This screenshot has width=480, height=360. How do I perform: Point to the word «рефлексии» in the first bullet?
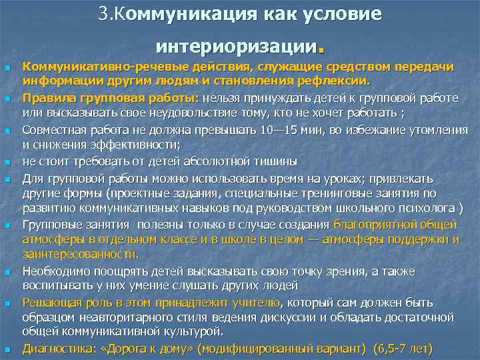coord(331,82)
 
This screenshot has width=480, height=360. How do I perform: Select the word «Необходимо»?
coord(55,271)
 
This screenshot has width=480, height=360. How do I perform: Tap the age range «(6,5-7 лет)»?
coord(403,348)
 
